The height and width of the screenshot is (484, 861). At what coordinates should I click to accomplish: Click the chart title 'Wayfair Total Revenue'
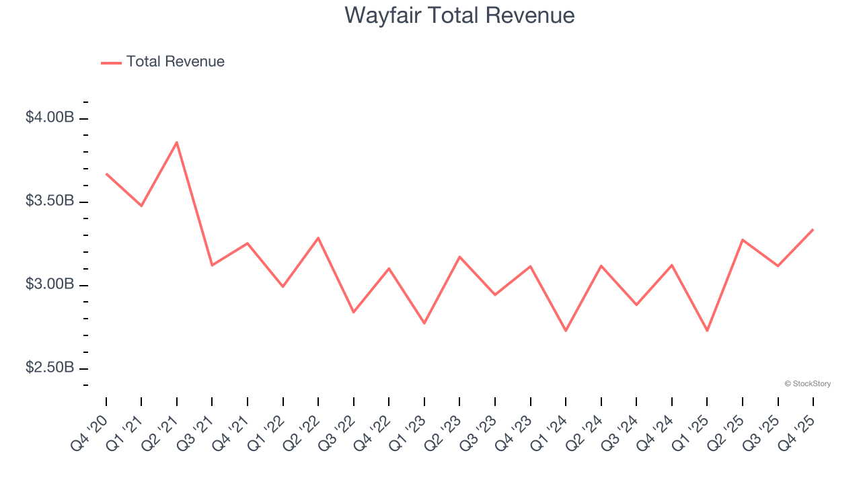tap(459, 15)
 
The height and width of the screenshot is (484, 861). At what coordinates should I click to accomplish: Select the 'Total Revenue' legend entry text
tap(175, 62)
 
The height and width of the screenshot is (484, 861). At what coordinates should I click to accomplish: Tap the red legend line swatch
tap(111, 63)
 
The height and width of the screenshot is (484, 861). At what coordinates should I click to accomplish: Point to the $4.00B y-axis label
tap(50, 118)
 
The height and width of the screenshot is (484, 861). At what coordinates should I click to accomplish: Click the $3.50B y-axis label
tap(50, 201)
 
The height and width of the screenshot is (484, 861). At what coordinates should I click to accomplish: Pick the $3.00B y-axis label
tap(50, 284)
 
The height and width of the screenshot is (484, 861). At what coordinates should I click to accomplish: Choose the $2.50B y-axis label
tap(50, 368)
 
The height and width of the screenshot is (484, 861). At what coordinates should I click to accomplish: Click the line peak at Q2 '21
tap(177, 142)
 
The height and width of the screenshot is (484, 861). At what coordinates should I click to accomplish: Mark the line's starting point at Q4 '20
tap(106, 173)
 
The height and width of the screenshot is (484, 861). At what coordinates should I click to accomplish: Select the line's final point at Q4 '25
tap(813, 229)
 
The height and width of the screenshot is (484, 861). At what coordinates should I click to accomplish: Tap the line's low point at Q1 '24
tap(566, 331)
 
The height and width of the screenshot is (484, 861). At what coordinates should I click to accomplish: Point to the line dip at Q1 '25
tap(707, 331)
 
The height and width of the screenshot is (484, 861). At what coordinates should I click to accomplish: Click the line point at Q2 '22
tap(318, 238)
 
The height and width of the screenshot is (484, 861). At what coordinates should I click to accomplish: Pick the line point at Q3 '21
tap(212, 266)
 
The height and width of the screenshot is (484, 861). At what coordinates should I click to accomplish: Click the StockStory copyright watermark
tap(807, 384)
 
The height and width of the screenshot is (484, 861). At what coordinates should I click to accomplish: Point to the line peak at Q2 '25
tap(743, 239)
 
